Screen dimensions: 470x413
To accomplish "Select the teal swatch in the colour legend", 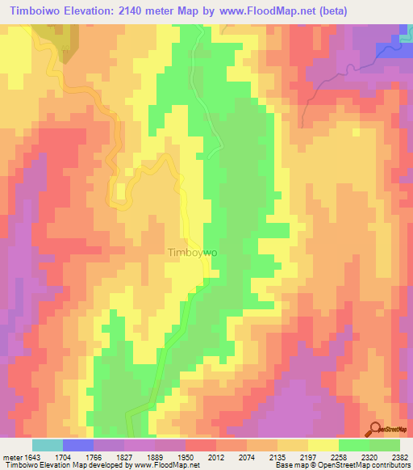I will pos(48,444).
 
